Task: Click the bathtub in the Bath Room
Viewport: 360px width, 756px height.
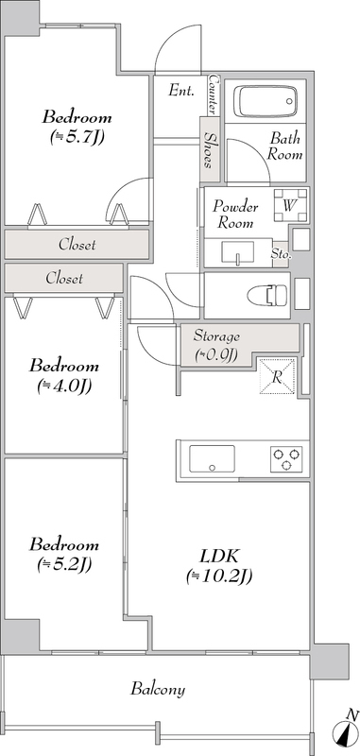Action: point(266,102)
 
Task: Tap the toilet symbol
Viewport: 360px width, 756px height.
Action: point(267,294)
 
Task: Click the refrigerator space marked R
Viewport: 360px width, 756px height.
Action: point(277,376)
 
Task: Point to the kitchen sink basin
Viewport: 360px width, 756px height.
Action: point(212,459)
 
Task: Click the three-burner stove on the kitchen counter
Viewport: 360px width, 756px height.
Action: point(286,458)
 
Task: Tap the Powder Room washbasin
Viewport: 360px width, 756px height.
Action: point(237,252)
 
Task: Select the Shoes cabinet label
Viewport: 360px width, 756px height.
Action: point(210,150)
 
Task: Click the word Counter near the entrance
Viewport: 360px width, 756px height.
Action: point(213,94)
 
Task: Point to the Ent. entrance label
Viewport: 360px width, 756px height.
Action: point(181,90)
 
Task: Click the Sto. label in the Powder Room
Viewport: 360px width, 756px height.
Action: point(281,251)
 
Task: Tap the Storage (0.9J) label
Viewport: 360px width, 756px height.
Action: point(216,346)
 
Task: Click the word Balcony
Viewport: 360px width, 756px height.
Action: point(158,689)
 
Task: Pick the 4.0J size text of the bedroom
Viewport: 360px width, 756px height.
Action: point(64,386)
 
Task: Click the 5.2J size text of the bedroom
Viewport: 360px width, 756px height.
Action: point(64,563)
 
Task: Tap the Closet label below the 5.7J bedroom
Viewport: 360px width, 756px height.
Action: point(77,245)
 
